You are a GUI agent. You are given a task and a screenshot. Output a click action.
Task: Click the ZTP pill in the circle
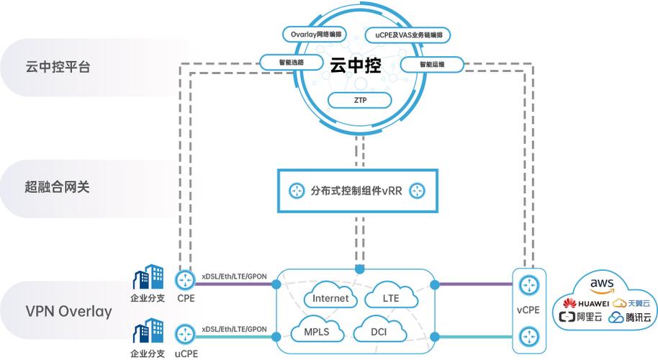point(361,101)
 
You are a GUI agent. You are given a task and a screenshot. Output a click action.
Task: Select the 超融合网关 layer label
point(58,189)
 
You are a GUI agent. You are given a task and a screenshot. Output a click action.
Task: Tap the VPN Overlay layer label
point(68,312)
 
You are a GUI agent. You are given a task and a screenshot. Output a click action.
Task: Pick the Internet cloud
point(331,298)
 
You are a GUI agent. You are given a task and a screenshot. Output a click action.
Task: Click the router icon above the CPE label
point(185,279)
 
